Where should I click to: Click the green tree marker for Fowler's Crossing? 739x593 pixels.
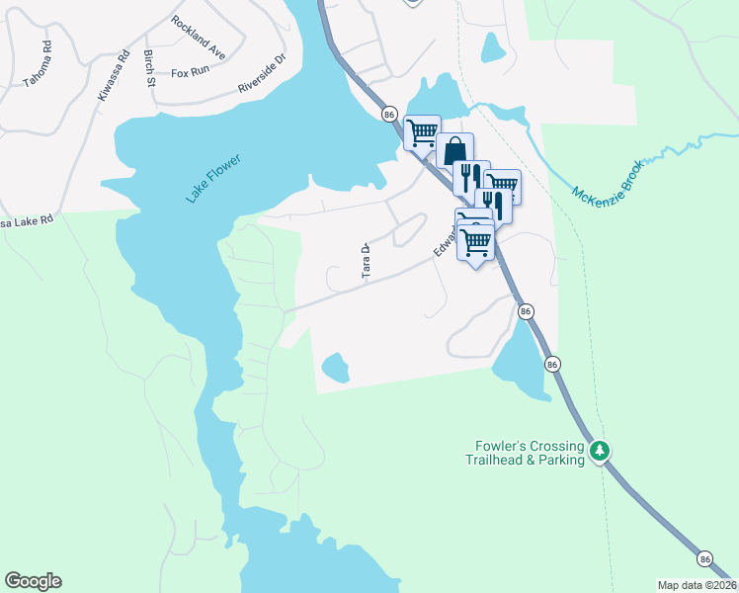[599, 452]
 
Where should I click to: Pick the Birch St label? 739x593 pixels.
[149, 67]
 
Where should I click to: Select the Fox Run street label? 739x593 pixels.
[192, 73]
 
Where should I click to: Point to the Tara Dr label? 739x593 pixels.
[365, 262]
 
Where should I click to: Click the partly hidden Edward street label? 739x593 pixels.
[443, 243]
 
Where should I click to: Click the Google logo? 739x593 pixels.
[33, 581]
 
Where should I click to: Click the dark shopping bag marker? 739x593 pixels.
[454, 151]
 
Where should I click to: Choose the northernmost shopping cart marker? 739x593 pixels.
[422, 130]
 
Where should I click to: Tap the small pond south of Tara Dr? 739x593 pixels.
[335, 368]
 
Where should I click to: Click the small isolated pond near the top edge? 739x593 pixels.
[492, 46]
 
